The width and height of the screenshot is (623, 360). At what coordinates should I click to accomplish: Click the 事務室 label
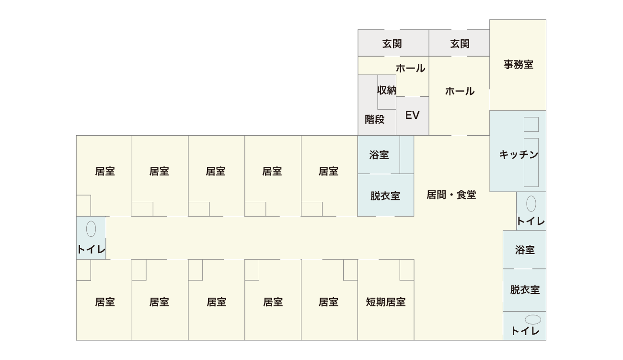[518, 64]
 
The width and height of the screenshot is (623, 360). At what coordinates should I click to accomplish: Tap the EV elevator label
[412, 116]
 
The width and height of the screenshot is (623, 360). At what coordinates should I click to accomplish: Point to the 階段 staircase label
[375, 119]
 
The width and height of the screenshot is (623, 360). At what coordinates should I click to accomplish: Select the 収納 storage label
[387, 90]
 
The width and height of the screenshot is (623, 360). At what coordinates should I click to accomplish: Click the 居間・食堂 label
[451, 195]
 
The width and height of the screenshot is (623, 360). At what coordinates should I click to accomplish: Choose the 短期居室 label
[386, 302]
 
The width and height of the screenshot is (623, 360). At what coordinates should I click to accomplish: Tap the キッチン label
[519, 155]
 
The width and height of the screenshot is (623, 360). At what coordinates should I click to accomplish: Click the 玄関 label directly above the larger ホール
[460, 44]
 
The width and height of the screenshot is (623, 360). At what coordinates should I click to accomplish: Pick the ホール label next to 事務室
[460, 91]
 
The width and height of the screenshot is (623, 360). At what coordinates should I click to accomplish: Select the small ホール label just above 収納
[410, 68]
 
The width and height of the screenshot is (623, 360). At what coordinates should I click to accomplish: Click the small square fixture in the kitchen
[531, 125]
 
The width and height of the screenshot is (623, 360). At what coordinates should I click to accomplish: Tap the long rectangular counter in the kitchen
[531, 162]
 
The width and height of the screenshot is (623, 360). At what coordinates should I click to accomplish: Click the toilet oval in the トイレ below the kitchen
[531, 204]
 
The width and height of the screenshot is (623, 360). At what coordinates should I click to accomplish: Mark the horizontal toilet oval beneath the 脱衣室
[532, 319]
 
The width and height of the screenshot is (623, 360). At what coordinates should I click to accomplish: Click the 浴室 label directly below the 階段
[379, 155]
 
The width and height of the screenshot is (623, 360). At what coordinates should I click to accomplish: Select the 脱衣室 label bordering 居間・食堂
[385, 196]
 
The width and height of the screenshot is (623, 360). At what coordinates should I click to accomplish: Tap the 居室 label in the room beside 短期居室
[328, 302]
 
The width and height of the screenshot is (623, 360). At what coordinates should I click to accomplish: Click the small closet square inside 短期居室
[407, 270]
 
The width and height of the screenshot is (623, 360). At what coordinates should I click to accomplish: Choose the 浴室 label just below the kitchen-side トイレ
[525, 250]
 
